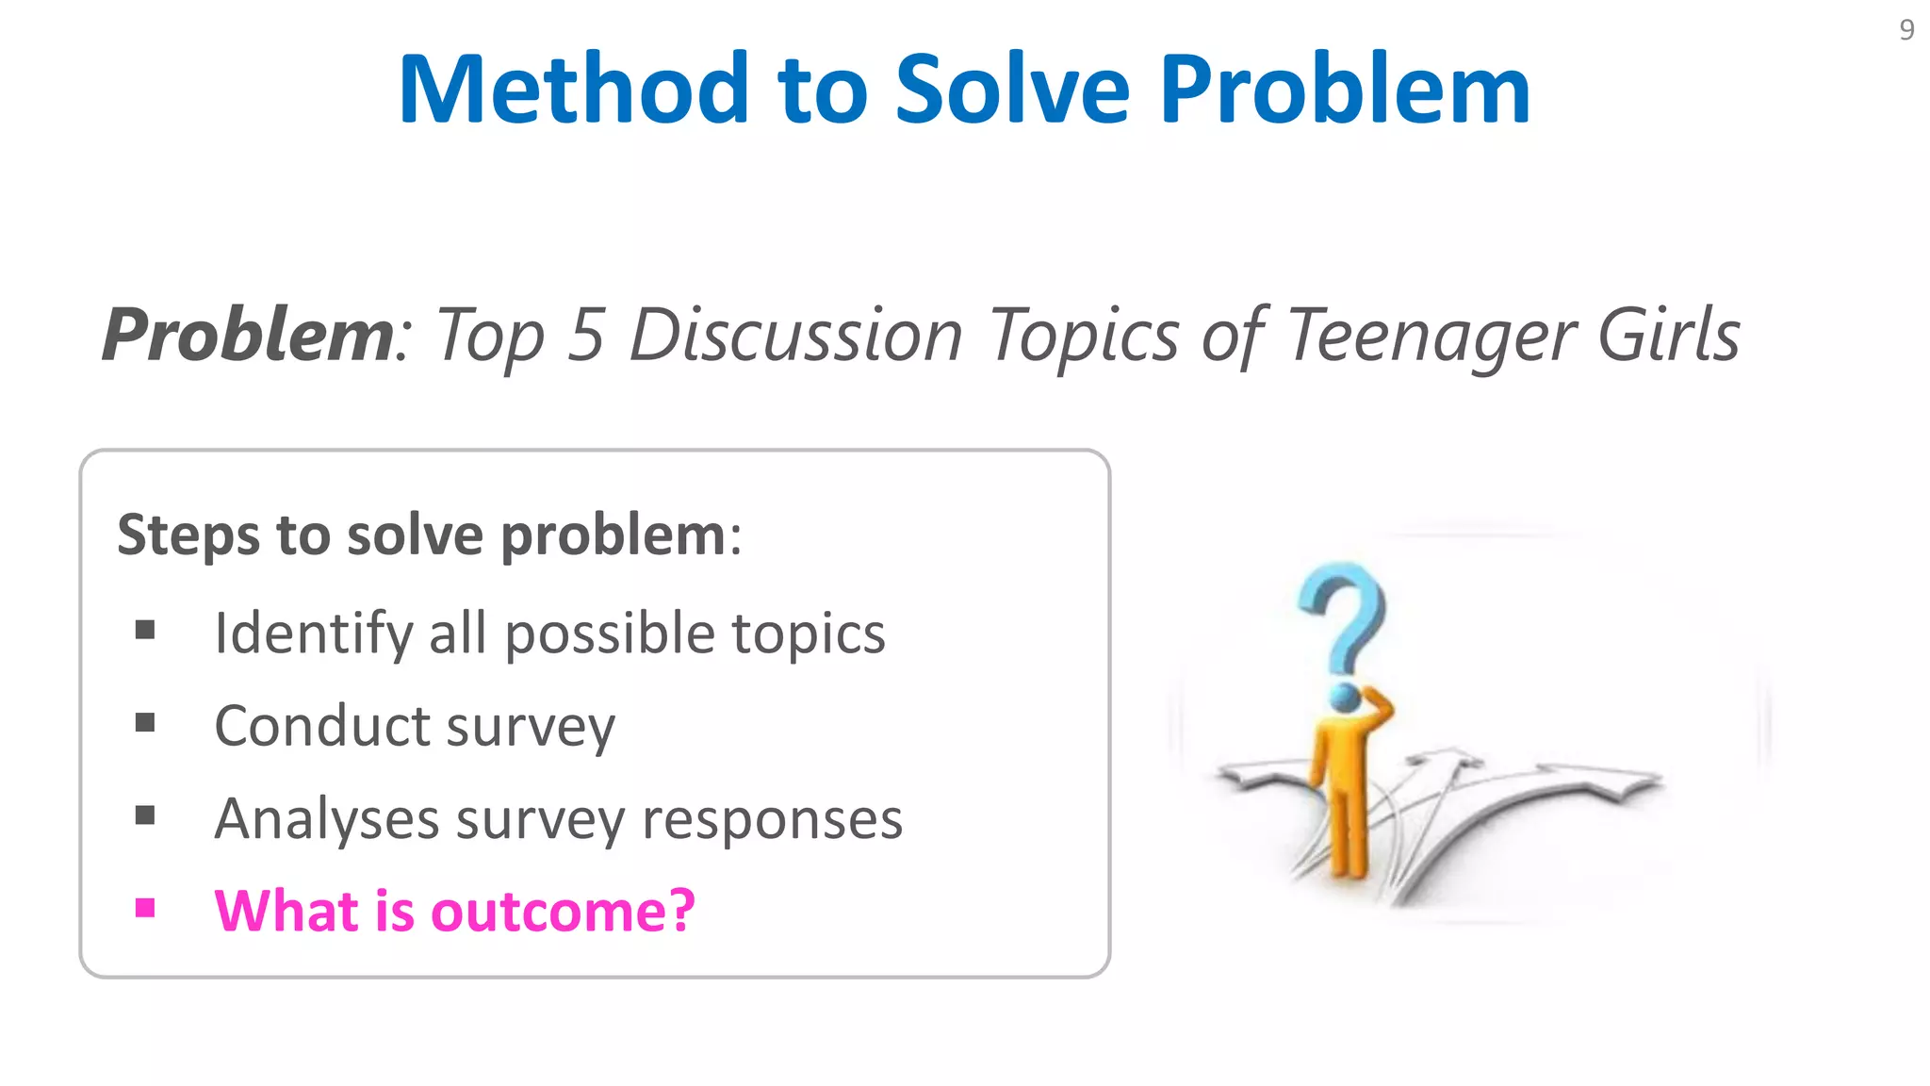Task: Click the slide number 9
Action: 1905,30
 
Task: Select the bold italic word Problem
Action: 247,336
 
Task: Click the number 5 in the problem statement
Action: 585,336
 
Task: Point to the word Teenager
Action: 1430,336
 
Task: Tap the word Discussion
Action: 795,336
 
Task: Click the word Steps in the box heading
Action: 188,535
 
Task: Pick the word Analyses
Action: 326,818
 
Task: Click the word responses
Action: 772,818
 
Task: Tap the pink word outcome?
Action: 563,911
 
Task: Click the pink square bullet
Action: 145,908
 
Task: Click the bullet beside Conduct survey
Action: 145,723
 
